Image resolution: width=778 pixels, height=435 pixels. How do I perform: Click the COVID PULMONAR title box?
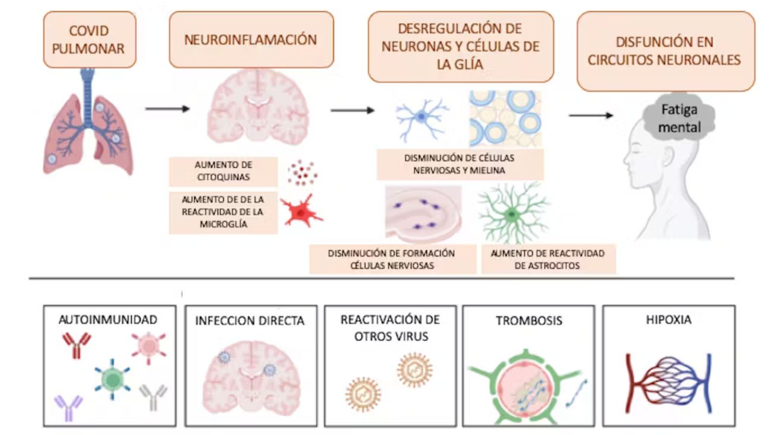[89, 40]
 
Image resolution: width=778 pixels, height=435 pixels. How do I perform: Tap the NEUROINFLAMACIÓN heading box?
[251, 40]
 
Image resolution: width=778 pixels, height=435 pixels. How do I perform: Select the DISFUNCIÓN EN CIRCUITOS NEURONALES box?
[666, 52]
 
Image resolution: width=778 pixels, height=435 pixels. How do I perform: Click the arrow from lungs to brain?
[167, 109]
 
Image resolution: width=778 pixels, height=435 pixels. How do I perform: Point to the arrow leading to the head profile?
[591, 115]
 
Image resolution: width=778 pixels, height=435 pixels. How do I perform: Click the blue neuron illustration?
[422, 117]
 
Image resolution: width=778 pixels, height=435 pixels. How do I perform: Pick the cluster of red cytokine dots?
[302, 173]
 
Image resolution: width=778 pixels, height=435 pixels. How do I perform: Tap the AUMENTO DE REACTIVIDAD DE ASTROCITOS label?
[548, 260]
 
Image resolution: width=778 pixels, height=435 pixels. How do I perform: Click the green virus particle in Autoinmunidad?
[111, 379]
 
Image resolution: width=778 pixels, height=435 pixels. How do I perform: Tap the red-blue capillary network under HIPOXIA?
[668, 383]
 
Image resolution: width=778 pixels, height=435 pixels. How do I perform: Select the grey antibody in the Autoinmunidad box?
[154, 397]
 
